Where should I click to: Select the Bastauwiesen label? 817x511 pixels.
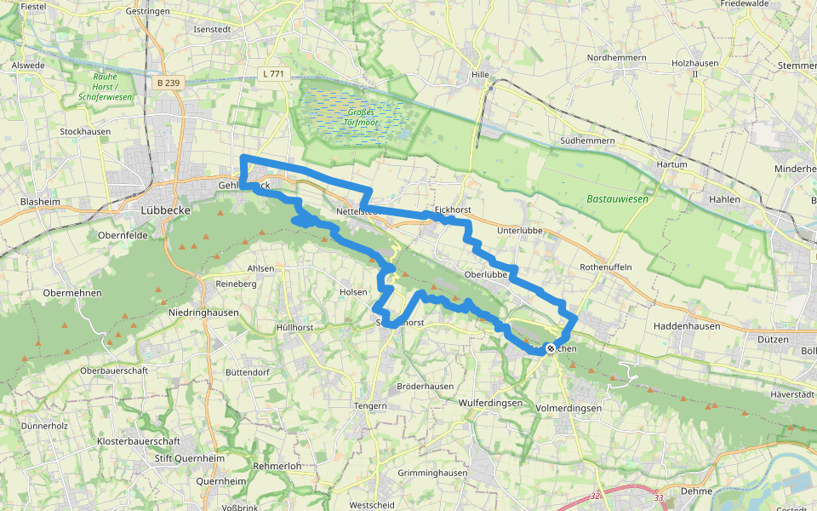617,198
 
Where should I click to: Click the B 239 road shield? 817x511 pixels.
169,83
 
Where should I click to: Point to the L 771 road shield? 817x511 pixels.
275,74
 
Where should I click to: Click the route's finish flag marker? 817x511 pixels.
551,347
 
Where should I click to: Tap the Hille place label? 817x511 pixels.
480,74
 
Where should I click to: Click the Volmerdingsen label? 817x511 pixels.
569,408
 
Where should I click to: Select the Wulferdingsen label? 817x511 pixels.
490,403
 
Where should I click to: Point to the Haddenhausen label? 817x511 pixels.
687,326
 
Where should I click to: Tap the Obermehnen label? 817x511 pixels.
72,293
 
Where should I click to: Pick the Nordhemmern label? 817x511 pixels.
616,58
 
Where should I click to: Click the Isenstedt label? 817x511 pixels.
214,29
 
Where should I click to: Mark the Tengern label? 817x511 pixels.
370,406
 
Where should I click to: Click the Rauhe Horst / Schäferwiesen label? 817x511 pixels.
105,86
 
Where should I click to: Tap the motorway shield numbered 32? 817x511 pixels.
594,496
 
